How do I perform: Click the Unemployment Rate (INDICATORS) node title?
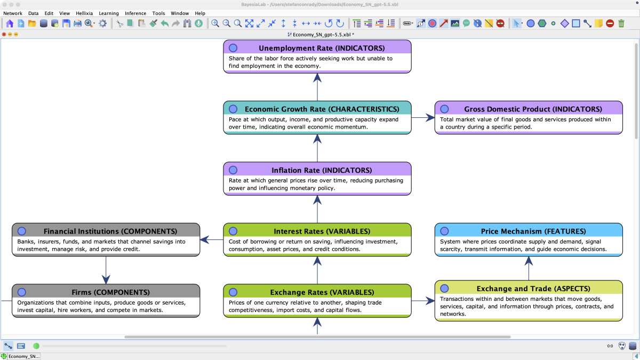pos(322,48)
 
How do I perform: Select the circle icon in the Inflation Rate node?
pos(233,170)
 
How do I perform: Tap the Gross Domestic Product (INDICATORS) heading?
pos(533,109)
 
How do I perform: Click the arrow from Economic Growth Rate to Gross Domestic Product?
pos(423,117)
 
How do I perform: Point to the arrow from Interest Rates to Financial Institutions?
pos(211,239)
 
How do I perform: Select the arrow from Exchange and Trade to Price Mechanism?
pos(529,268)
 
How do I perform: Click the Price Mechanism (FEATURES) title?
pos(533,231)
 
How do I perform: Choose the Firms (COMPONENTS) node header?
pos(110,292)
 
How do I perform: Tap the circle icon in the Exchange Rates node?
pos(233,292)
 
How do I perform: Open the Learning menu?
pos(109,13)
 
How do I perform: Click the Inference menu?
pos(135,13)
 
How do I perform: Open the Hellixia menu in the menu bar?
pos(84,13)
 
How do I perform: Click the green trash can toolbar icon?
pos(621,23)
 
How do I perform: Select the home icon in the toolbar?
pos(10,23)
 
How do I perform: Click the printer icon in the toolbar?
pos(77,23)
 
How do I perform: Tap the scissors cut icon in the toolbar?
pos(119,23)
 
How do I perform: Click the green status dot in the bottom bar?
pos(36,346)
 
